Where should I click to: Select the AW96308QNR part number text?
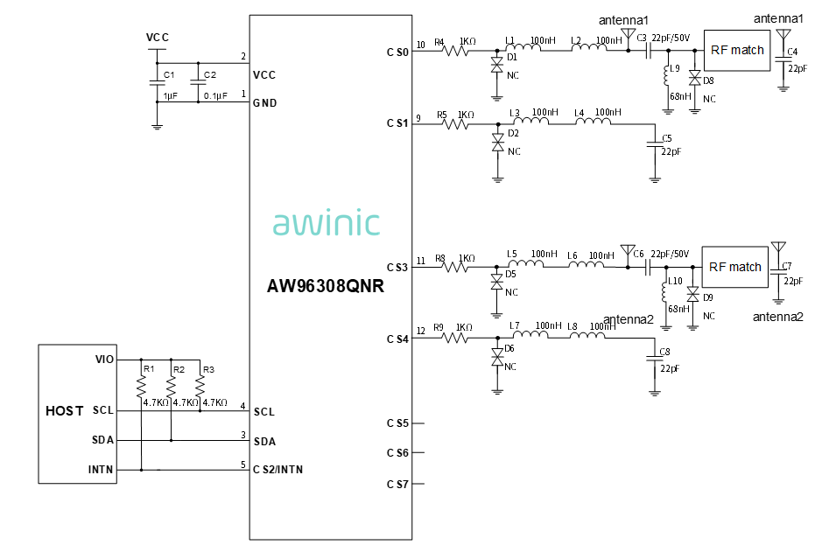326,286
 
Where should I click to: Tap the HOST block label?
65,410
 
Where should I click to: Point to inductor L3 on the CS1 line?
530,123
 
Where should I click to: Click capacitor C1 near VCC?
157,84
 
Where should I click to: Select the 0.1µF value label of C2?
216,96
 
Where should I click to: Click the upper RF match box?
736,51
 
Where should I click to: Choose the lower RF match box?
734,267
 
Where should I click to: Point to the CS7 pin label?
398,484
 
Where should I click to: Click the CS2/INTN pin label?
278,470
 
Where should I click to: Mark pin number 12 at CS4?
421,331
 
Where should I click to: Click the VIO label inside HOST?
103,360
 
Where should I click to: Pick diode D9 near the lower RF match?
692,294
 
